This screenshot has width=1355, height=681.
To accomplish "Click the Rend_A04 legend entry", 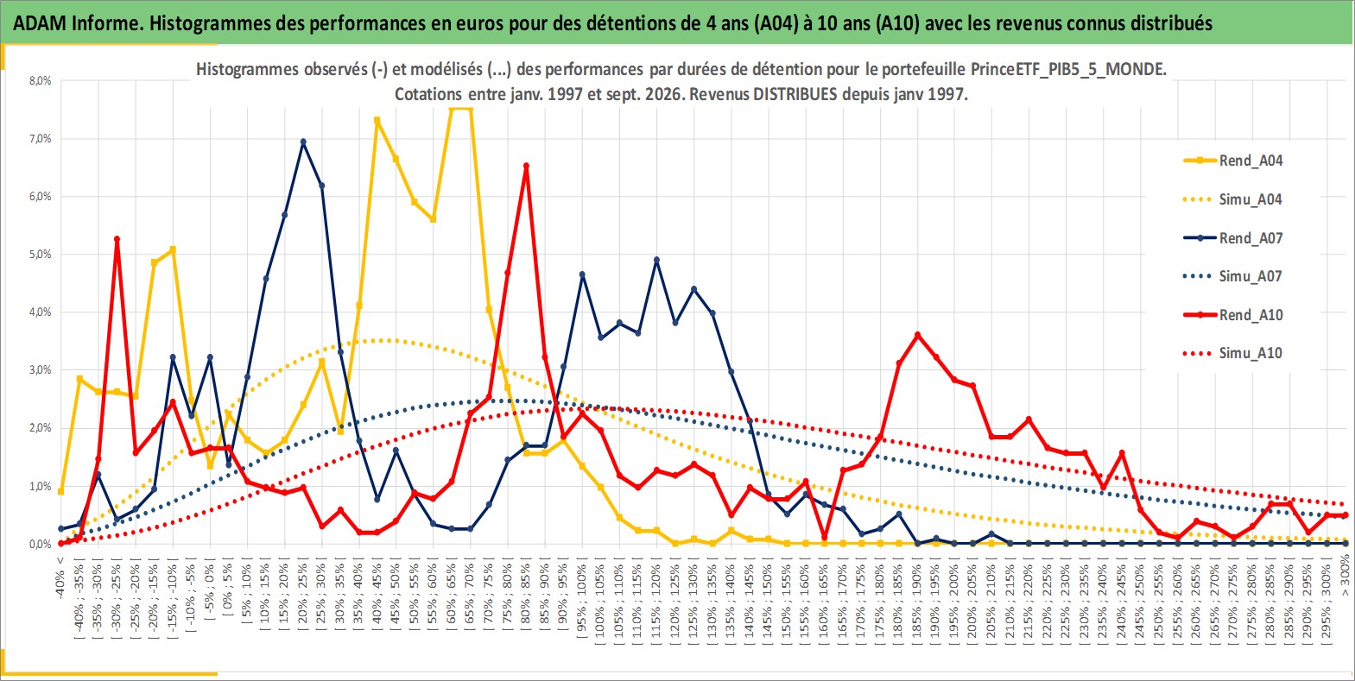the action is [x=1233, y=161].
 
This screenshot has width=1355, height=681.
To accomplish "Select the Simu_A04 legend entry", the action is [x=1233, y=199].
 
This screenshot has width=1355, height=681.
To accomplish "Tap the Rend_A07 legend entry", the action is [x=1233, y=238].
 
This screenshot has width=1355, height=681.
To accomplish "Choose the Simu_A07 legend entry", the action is [x=1233, y=276].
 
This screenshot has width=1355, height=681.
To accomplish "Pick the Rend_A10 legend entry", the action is [x=1233, y=315].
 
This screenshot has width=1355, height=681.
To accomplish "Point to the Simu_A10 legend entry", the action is [x=1233, y=353].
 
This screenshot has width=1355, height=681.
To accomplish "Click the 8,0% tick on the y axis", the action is [x=40, y=80].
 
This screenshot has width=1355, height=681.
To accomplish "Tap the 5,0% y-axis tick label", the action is [x=40, y=254].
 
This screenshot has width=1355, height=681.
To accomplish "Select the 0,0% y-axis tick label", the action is [x=40, y=545].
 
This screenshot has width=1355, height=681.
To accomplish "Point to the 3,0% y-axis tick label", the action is [x=40, y=370].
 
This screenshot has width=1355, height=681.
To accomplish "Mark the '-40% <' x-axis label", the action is [x=60, y=577].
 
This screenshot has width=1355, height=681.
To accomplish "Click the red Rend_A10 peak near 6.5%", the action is [x=526, y=166].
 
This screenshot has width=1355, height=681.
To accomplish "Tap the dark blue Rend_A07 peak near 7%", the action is [x=303, y=142].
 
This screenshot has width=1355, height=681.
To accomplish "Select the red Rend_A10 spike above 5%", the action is [x=117, y=239].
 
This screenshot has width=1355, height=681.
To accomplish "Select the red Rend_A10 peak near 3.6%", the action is [x=918, y=334].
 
